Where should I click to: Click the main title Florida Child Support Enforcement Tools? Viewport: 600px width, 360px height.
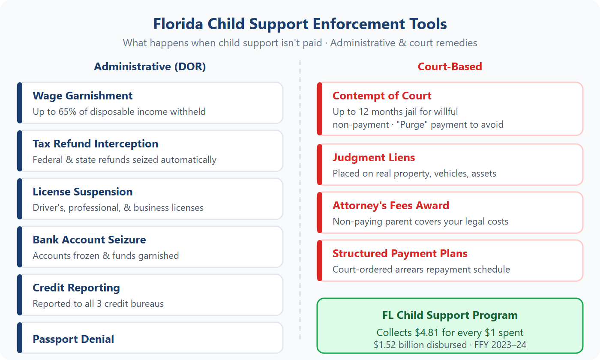[x=300, y=24]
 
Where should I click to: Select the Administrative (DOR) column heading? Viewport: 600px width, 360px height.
[x=150, y=67]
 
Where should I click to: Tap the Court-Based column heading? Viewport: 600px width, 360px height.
[x=450, y=67]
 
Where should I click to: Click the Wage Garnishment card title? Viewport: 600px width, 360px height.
[x=83, y=96]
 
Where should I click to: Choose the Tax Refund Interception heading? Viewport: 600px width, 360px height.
[x=96, y=144]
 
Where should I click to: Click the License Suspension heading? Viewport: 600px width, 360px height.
[x=83, y=192]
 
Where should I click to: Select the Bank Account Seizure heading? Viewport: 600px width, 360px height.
[x=89, y=240]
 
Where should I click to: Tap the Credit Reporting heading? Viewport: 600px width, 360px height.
[x=76, y=288]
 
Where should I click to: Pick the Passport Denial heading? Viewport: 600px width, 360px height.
[x=73, y=339]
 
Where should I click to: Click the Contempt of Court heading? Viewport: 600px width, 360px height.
[x=382, y=96]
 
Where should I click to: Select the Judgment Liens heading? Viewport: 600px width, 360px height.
[x=374, y=158]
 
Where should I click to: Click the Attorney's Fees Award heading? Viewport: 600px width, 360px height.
[x=391, y=206]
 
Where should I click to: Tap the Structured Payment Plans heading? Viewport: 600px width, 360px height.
[x=400, y=254]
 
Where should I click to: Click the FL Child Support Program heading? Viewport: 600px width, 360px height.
[x=450, y=315]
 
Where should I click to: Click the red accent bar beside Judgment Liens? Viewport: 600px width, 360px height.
[x=319, y=165]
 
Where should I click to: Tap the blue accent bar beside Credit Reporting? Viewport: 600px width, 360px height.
[x=19, y=295]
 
